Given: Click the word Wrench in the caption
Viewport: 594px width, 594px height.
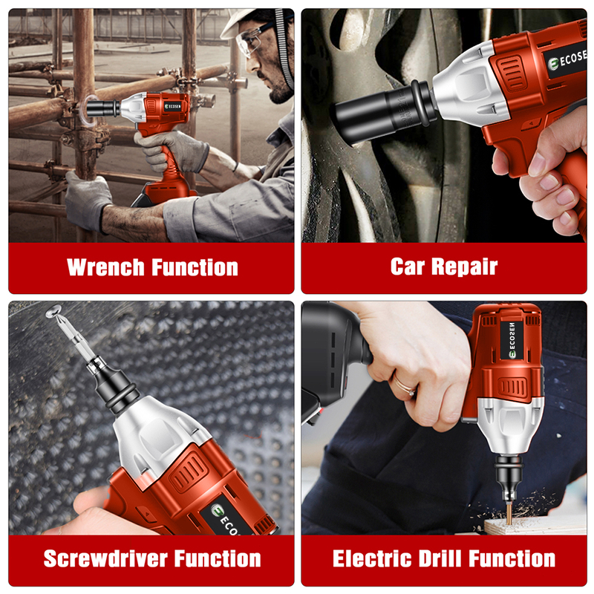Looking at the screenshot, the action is pyautogui.click(x=105, y=267).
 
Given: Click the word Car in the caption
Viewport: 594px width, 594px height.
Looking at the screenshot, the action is pyautogui.click(x=408, y=267).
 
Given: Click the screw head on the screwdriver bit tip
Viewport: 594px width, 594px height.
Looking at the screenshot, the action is pyautogui.click(x=53, y=311).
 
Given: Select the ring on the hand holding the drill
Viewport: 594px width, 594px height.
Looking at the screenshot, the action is pyautogui.click(x=402, y=385).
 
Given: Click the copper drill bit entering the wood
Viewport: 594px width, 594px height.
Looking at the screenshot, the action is pyautogui.click(x=509, y=513).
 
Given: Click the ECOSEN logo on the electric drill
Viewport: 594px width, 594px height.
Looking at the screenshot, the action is pyautogui.click(x=512, y=340).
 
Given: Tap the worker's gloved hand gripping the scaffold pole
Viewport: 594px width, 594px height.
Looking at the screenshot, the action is pyautogui.click(x=88, y=200).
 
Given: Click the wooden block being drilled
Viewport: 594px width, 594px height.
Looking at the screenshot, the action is pyautogui.click(x=535, y=526).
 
